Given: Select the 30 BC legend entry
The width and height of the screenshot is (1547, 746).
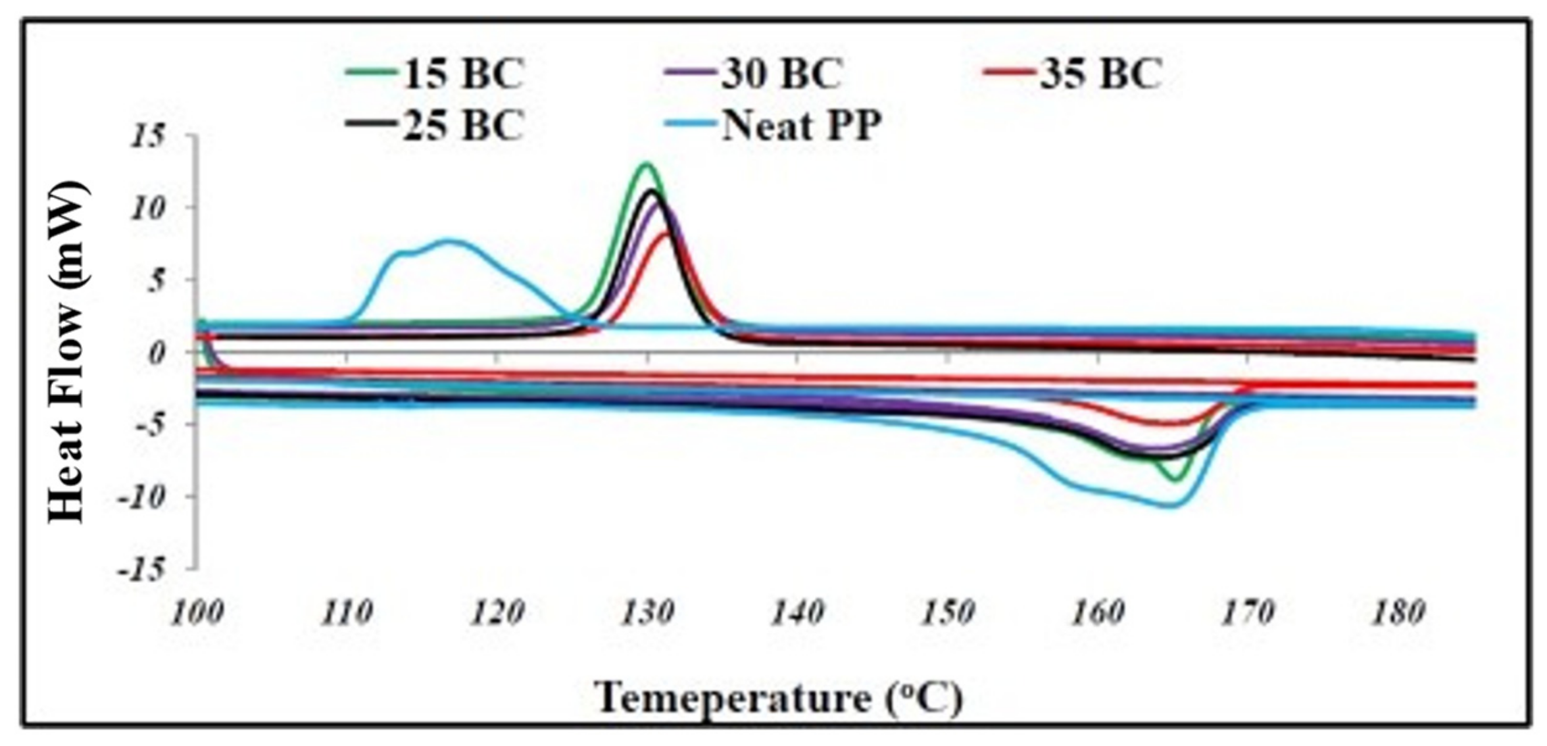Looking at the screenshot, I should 754,74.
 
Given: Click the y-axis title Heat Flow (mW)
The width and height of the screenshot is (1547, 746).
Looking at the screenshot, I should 67,352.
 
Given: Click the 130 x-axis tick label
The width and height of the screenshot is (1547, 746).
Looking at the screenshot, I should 648,613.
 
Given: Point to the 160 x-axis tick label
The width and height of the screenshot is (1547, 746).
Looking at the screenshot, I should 1097,613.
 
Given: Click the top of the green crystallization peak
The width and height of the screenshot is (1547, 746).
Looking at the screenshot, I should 646,164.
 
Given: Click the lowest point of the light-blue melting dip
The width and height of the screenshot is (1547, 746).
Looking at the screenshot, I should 1172,505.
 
